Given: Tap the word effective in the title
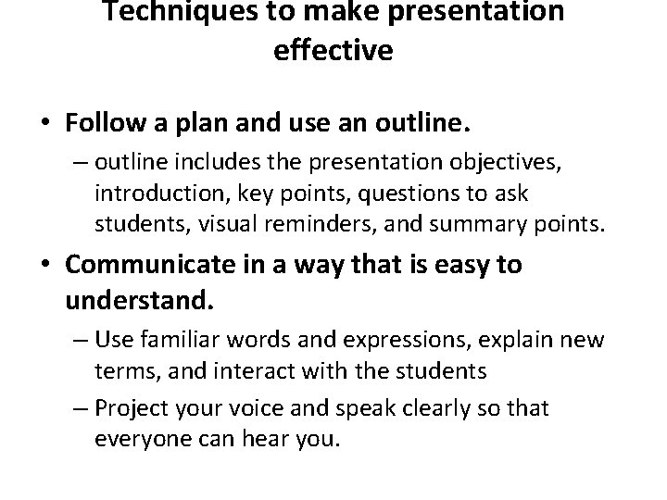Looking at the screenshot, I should (x=333, y=49).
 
